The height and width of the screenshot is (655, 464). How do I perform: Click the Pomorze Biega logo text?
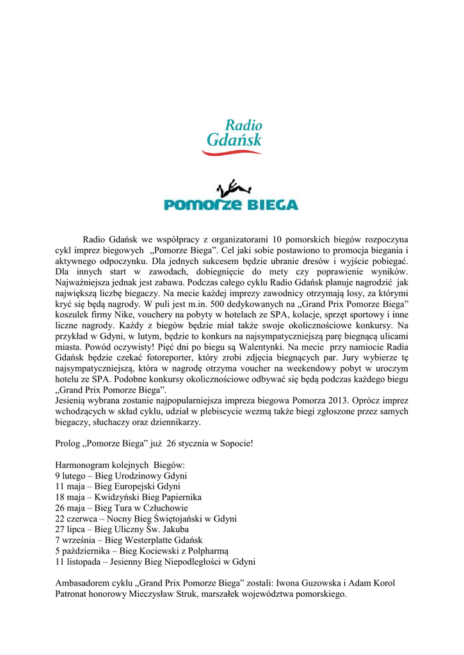tap(231, 205)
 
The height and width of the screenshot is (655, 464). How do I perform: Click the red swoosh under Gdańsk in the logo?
tap(232, 152)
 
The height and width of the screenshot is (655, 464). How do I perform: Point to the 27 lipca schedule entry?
tap(122, 530)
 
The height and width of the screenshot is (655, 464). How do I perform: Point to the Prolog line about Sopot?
tap(154, 443)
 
